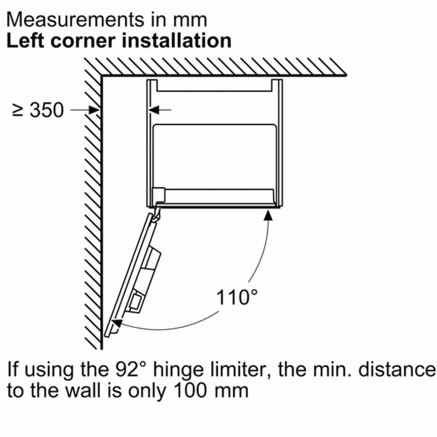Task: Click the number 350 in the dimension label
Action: (47, 110)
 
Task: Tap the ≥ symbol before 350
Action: (18, 110)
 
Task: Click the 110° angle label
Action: (237, 297)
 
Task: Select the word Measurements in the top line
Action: (75, 20)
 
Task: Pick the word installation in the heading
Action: (177, 41)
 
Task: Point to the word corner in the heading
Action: (83, 42)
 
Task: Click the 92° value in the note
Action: (131, 370)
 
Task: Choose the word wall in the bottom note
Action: (83, 391)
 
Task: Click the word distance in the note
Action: (397, 370)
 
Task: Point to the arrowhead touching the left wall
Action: (94, 110)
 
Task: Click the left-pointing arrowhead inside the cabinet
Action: (154, 110)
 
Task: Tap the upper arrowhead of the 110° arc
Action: (268, 215)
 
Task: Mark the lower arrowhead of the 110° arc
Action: (117, 323)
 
